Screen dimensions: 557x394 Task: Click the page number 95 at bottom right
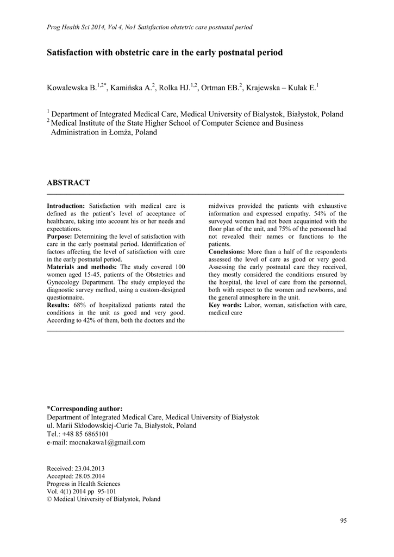[343, 521]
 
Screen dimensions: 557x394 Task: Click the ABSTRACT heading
[68, 183]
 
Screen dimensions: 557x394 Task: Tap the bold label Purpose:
[60, 237]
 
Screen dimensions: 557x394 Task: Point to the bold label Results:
[58, 305]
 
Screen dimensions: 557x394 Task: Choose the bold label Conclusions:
[227, 252]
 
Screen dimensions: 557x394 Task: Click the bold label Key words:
[226, 305]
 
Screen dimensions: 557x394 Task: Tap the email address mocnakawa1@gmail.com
[107, 442]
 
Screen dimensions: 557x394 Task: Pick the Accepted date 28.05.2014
[87, 476]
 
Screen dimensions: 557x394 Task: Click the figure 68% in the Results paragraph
[79, 305]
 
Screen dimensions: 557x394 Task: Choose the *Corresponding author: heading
[85, 409]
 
